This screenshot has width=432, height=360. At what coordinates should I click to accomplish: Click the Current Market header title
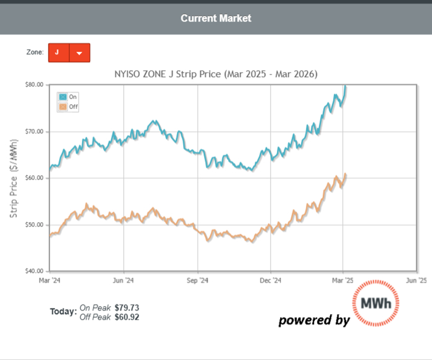(x=216, y=18)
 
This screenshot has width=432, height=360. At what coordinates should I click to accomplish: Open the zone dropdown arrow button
(x=80, y=53)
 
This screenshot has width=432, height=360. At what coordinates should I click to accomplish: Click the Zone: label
(x=35, y=52)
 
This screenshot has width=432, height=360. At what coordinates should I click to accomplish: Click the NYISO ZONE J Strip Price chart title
(x=216, y=74)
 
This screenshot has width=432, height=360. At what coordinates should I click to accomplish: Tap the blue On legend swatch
(x=63, y=97)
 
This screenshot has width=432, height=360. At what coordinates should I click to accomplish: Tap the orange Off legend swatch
(x=63, y=107)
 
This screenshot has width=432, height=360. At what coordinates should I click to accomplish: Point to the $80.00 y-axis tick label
(x=34, y=85)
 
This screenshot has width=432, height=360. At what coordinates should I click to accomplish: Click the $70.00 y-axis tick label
(x=34, y=131)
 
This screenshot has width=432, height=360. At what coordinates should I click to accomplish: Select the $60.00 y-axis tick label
(x=34, y=178)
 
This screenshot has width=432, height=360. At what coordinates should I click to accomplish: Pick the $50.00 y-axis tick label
(x=34, y=225)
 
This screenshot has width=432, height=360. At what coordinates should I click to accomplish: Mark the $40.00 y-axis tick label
(x=34, y=271)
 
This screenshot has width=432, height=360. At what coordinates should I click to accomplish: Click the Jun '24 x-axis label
(x=123, y=280)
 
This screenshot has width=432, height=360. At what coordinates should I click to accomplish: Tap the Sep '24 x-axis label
(x=198, y=280)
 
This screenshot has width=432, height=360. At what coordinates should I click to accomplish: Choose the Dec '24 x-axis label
(x=271, y=280)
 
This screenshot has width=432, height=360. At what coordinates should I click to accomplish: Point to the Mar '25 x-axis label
(x=343, y=280)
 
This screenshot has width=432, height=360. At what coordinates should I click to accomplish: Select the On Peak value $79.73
(x=127, y=308)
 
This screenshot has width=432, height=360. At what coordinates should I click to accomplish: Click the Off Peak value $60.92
(x=127, y=317)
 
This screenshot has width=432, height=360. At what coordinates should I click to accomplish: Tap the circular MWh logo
(x=376, y=303)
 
